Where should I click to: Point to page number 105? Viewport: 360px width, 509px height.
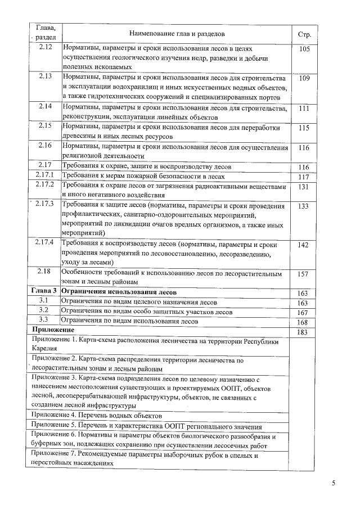click(x=304, y=49)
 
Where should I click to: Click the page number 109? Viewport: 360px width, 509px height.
click(x=304, y=78)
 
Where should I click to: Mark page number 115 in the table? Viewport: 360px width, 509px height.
click(x=304, y=128)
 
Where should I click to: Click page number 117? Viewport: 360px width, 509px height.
click(x=304, y=177)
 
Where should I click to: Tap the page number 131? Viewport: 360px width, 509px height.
click(x=304, y=187)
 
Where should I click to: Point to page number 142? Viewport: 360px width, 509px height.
click(x=304, y=245)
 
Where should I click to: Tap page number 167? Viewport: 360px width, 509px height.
click(x=304, y=313)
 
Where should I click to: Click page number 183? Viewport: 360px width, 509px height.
click(x=304, y=332)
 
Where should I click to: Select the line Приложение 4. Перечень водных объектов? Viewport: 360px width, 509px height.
click(x=93, y=415)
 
